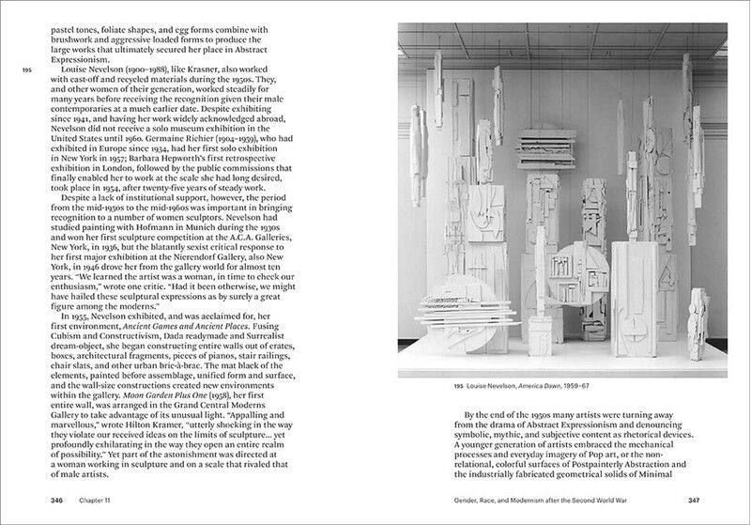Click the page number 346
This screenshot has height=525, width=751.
click(57, 501)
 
